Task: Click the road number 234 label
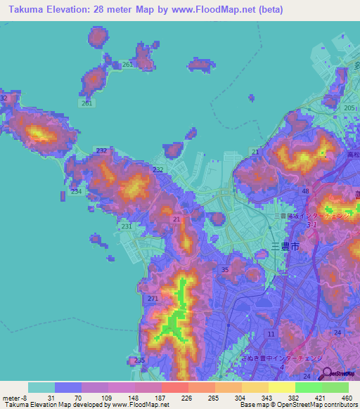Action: pyautogui.click(x=75, y=192)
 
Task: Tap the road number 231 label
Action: pyautogui.click(x=126, y=226)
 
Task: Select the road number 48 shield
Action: pyautogui.click(x=305, y=191)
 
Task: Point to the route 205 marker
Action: pyautogui.click(x=349, y=107)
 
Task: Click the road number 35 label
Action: pyautogui.click(x=225, y=270)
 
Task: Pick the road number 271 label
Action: pyautogui.click(x=153, y=299)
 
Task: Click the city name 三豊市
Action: pyautogui.click(x=285, y=247)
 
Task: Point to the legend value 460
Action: pyautogui.click(x=345, y=398)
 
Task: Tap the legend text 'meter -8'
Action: pyautogui.click(x=13, y=398)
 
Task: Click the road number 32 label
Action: pyautogui.click(x=4, y=98)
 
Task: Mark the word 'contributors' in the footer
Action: pyautogui.click(x=337, y=405)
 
